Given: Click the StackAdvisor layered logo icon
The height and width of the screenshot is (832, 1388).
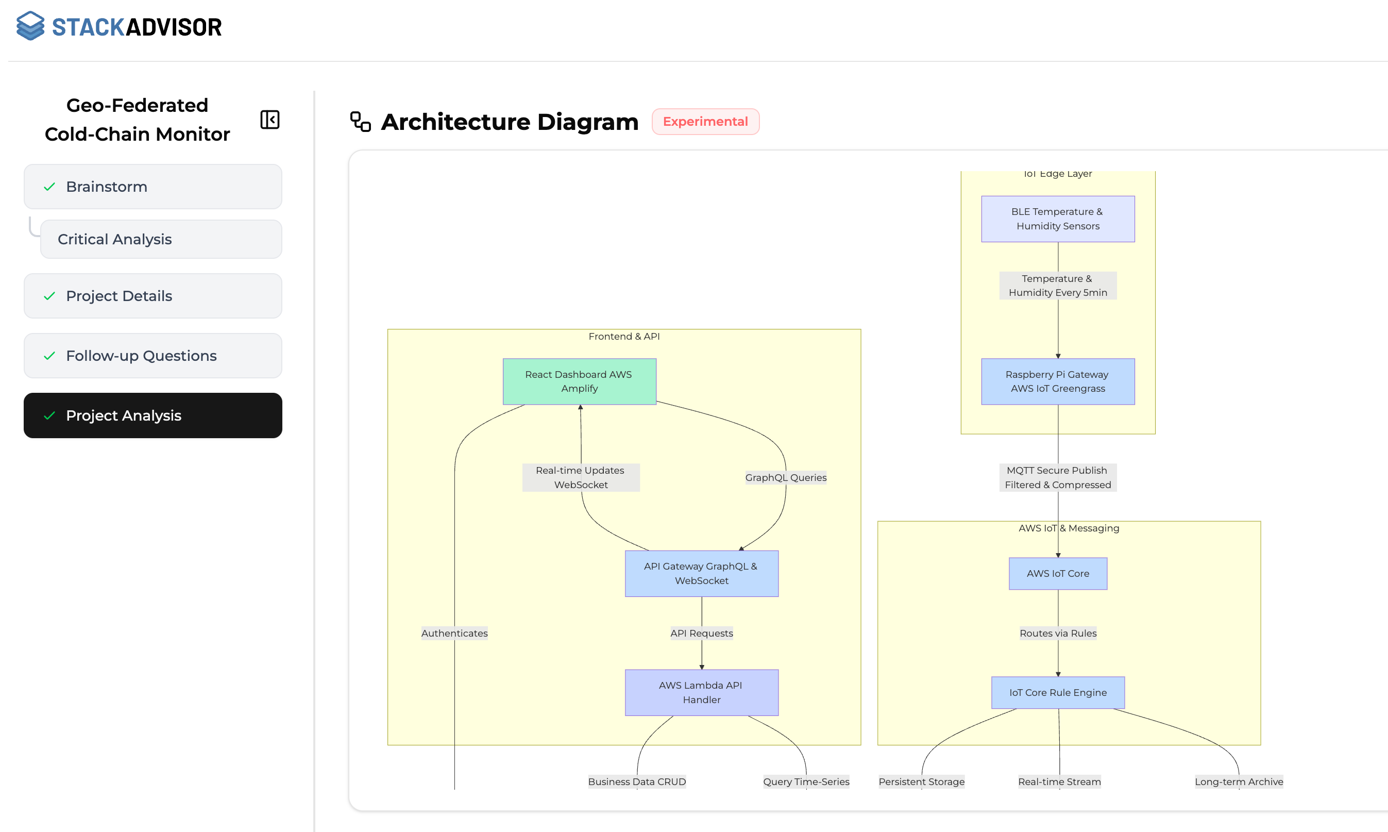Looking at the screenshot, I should click(x=30, y=26).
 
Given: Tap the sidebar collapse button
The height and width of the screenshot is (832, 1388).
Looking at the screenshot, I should click(x=269, y=120).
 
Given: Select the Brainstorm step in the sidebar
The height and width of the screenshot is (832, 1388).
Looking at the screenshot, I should click(x=153, y=187).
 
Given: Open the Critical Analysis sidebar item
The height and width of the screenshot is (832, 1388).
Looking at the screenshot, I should click(x=161, y=239).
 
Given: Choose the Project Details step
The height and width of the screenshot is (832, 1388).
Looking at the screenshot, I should click(x=153, y=296).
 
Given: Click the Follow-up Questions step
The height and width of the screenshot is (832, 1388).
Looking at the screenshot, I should click(x=153, y=356).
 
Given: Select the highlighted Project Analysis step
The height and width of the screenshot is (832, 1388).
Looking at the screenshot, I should click(x=153, y=415).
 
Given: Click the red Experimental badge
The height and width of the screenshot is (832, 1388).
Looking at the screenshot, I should click(x=705, y=122).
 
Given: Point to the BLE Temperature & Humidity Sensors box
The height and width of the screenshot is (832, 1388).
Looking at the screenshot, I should click(x=1057, y=219).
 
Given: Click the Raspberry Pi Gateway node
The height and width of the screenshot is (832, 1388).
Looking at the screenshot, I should click(x=1057, y=381).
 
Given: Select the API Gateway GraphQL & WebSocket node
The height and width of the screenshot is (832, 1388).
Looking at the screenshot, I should click(x=701, y=573).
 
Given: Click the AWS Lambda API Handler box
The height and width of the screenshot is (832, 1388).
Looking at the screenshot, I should click(x=701, y=692).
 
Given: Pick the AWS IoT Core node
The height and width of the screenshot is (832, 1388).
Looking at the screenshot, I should click(x=1057, y=573).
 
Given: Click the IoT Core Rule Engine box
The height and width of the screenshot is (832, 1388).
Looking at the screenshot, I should click(x=1057, y=692).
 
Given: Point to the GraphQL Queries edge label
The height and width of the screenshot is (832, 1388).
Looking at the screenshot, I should click(x=786, y=478).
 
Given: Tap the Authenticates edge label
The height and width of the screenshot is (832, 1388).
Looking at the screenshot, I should click(x=454, y=633).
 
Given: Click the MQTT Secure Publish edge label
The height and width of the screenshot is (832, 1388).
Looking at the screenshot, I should click(x=1057, y=478).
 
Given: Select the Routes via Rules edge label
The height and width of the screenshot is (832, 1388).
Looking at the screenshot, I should click(x=1057, y=633).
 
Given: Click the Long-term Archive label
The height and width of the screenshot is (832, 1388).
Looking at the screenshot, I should click(x=1239, y=781).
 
